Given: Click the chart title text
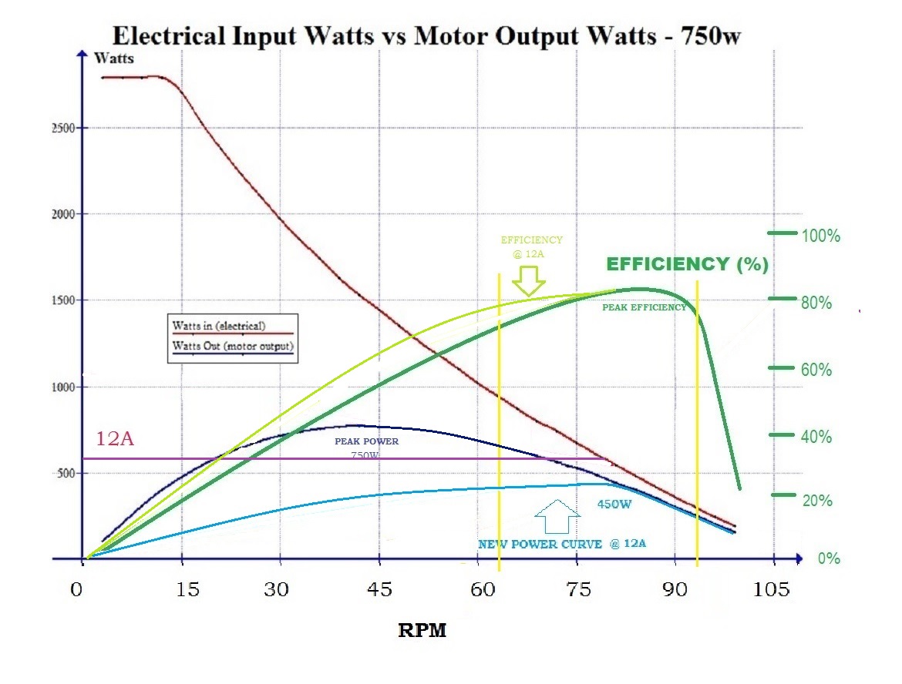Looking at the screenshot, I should [x=426, y=35].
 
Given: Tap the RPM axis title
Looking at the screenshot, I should [x=422, y=631].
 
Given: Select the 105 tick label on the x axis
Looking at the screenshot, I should [x=772, y=590].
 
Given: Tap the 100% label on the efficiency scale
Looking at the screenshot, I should [x=820, y=236].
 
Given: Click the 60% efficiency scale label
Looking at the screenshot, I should [x=816, y=370].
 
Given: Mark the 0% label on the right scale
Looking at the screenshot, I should [x=829, y=558].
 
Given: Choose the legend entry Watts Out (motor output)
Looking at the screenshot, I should [x=233, y=346].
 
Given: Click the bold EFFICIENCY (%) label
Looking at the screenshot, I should [x=687, y=265].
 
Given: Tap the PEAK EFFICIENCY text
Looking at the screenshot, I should [x=644, y=307].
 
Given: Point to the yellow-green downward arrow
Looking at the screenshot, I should [x=529, y=280].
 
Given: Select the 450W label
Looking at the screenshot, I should [x=614, y=505].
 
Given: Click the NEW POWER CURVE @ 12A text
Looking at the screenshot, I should [x=561, y=544].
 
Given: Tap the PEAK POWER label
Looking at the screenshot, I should [x=366, y=442].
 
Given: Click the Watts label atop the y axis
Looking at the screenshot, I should [x=114, y=59].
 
